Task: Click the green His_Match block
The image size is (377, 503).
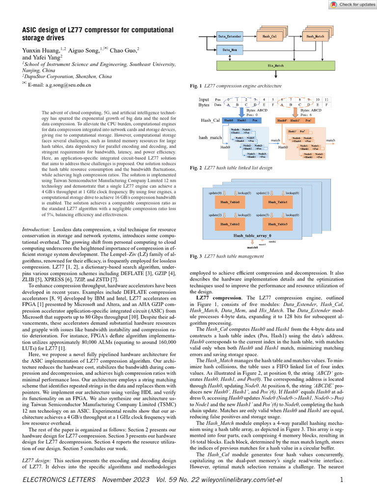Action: point(276,65)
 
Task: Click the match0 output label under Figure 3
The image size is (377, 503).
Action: point(252,248)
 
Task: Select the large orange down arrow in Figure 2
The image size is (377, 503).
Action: point(295,112)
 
